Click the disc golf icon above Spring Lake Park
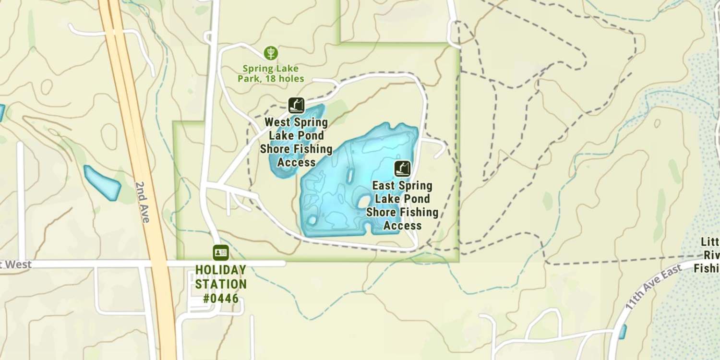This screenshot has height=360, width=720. (x=271, y=53)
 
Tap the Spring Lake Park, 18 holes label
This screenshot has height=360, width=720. (x=271, y=73)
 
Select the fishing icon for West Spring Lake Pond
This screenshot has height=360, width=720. (x=296, y=105)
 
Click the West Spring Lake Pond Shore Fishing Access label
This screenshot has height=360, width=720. (x=296, y=143)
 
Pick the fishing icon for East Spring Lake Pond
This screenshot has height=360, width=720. (x=403, y=168)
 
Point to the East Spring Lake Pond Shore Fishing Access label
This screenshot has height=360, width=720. (x=402, y=205)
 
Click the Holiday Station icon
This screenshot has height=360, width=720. (x=221, y=252)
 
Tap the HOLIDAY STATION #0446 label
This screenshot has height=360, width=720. (x=221, y=284)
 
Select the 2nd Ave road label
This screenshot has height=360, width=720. (x=142, y=202)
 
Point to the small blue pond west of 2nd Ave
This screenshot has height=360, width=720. (x=102, y=183)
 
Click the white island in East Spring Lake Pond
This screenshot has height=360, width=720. (x=364, y=201)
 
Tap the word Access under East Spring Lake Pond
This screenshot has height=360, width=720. (x=402, y=226)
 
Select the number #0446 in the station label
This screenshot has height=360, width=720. (x=221, y=298)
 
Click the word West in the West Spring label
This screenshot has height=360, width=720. (x=277, y=122)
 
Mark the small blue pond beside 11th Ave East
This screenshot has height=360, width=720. (x=623, y=332)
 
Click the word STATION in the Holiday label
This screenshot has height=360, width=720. (x=221, y=284)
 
